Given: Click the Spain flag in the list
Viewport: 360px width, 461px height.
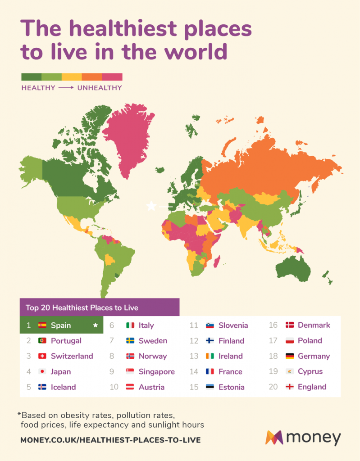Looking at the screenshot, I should (x=42, y=325).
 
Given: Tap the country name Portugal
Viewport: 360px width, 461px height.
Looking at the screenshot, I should (x=66, y=341).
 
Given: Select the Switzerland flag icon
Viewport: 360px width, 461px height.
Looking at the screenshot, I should (x=42, y=356).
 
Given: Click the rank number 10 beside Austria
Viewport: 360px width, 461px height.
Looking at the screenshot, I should (x=114, y=387).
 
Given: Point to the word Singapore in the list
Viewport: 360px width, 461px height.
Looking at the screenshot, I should (x=156, y=372).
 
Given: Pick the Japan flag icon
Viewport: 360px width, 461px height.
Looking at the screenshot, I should (x=42, y=372).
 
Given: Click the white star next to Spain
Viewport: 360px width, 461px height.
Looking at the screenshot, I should (x=95, y=325).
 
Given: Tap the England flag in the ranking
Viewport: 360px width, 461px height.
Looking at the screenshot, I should (x=290, y=387).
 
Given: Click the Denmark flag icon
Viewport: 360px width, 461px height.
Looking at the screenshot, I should (x=290, y=325).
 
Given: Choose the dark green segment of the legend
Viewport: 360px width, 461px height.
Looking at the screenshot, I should (x=31, y=77).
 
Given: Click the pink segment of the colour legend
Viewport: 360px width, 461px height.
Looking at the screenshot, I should (x=112, y=77).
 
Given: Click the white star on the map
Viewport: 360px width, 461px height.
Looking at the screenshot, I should (x=151, y=206).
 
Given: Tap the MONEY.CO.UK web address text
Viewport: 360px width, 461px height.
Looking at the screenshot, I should (x=110, y=440).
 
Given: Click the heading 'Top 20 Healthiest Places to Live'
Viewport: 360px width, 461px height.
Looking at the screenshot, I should (x=82, y=308).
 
